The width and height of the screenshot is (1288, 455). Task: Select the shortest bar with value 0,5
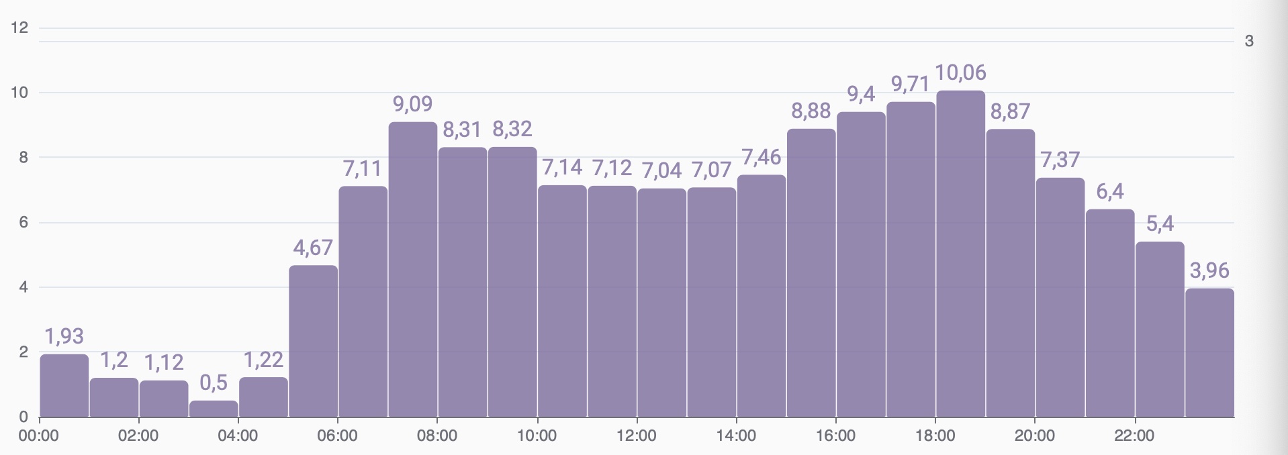pyautogui.click(x=214, y=409)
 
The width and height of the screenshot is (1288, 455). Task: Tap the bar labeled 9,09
pyautogui.click(x=413, y=269)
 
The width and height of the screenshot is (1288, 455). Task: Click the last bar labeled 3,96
pyautogui.click(x=1209, y=352)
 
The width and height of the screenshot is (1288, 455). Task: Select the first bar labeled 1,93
pyautogui.click(x=64, y=385)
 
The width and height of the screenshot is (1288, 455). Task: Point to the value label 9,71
pyautogui.click(x=910, y=85)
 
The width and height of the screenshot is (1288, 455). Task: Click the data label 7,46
pyautogui.click(x=762, y=158)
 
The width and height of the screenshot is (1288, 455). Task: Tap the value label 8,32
pyautogui.click(x=512, y=129)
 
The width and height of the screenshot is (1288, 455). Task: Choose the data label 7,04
pyautogui.click(x=661, y=171)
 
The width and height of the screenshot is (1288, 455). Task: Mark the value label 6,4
pyautogui.click(x=1109, y=192)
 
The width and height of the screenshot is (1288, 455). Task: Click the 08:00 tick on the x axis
pyautogui.click(x=437, y=436)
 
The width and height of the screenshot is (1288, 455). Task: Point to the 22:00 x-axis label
pyautogui.click(x=1134, y=436)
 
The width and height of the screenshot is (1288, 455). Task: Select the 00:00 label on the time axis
pyautogui.click(x=39, y=436)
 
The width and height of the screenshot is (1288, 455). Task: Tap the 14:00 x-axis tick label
pyautogui.click(x=736, y=436)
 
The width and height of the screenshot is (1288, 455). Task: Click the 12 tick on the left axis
pyautogui.click(x=20, y=28)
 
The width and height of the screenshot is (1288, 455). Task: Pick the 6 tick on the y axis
pyautogui.click(x=24, y=222)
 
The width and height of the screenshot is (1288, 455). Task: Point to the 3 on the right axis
pyautogui.click(x=1249, y=42)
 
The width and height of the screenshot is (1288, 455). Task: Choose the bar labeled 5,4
pyautogui.click(x=1160, y=329)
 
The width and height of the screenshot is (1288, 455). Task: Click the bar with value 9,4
pyautogui.click(x=861, y=264)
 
